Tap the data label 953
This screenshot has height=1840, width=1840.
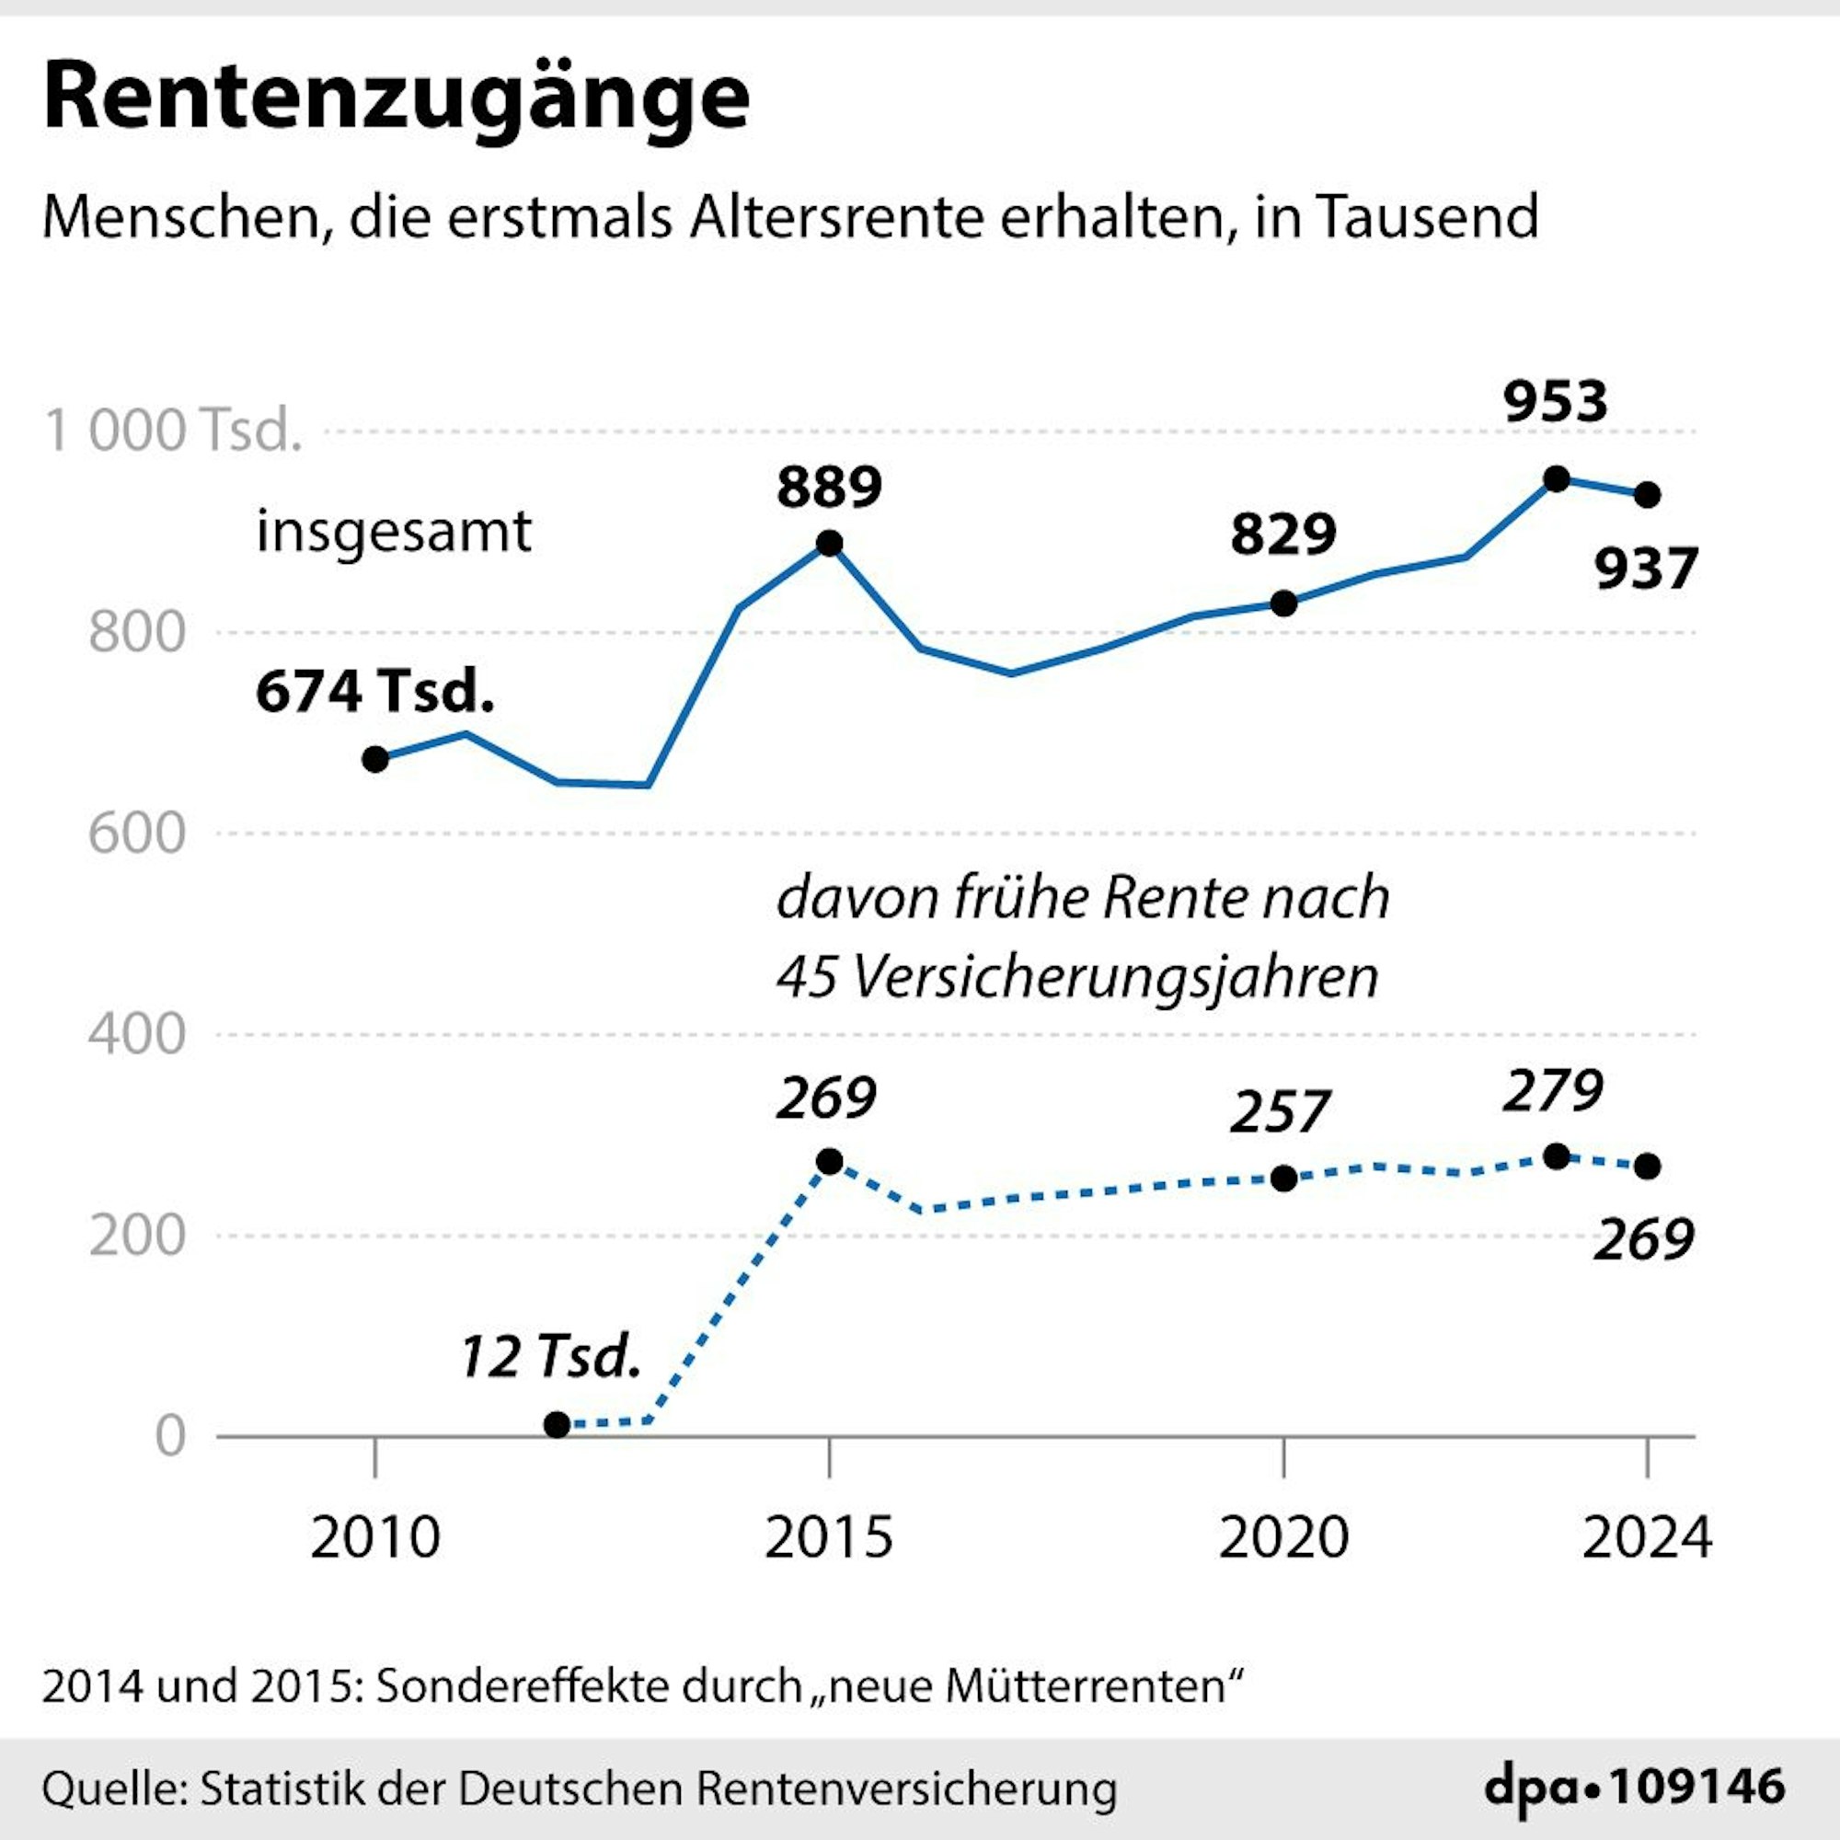(x=1555, y=401)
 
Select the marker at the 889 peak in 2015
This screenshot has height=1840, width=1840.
(x=830, y=544)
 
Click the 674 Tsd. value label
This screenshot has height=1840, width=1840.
(x=374, y=692)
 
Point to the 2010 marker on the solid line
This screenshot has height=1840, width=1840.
(x=375, y=759)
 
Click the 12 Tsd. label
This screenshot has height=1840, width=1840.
(x=549, y=1356)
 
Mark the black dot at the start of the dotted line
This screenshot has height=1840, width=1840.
(x=558, y=1425)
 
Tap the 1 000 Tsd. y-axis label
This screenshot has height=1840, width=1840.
(x=172, y=431)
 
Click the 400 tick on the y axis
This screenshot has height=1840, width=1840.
(x=136, y=1033)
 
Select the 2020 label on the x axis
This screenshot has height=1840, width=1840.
(x=1282, y=1537)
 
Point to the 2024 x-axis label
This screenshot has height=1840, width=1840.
(x=1647, y=1537)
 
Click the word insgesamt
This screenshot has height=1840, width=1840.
(x=394, y=532)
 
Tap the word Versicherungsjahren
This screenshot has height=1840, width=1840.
(x=1114, y=976)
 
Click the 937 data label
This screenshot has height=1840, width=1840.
(x=1647, y=569)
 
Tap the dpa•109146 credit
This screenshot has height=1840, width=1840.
(x=1634, y=1786)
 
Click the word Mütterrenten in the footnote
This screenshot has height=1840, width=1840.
(x=1084, y=1686)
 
